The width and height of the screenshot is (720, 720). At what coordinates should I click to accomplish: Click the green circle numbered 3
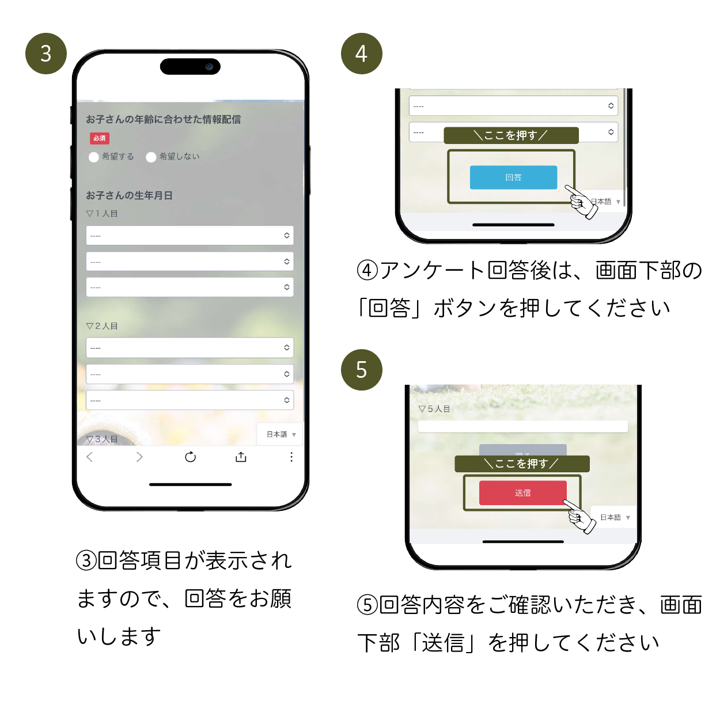(x=46, y=54)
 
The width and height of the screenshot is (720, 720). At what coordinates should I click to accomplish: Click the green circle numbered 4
(x=361, y=54)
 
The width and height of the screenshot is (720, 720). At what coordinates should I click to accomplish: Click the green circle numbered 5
(x=361, y=370)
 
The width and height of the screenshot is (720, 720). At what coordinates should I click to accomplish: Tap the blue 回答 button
(x=513, y=177)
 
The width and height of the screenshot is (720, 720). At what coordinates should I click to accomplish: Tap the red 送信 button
(x=522, y=493)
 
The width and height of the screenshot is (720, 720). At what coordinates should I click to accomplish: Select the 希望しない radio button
(x=151, y=157)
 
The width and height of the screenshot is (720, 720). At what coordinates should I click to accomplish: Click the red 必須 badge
(x=99, y=138)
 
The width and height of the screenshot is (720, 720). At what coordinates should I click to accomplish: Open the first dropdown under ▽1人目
(x=190, y=236)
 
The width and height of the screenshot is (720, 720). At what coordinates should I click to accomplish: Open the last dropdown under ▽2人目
(x=190, y=400)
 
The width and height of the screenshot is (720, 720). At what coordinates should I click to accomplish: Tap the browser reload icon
(x=190, y=457)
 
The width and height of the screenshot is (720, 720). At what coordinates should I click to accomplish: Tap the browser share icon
(x=241, y=457)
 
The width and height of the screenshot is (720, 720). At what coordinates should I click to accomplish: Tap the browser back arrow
(x=89, y=457)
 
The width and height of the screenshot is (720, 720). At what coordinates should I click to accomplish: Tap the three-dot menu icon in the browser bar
(x=291, y=457)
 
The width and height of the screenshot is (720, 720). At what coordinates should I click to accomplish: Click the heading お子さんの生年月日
(x=129, y=195)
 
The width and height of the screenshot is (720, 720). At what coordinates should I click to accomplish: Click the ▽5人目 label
(x=434, y=409)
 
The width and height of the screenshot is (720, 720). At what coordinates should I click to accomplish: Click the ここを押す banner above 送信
(x=522, y=464)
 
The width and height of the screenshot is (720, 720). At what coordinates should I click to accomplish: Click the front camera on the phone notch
(x=209, y=67)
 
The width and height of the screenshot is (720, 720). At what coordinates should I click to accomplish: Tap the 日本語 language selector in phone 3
(x=281, y=434)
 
